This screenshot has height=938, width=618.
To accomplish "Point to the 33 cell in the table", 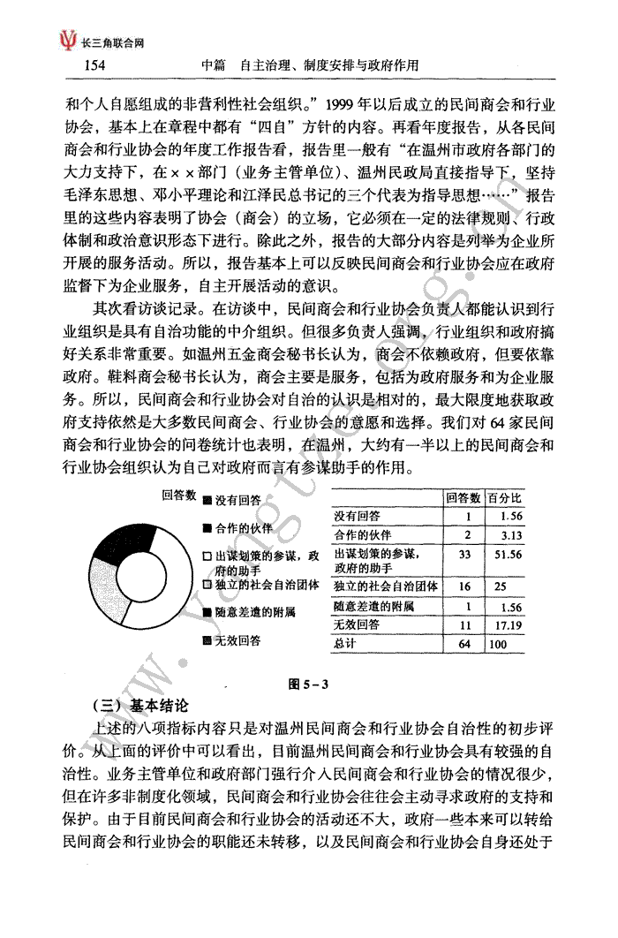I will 466,555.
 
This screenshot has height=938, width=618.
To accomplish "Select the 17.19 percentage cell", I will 507,626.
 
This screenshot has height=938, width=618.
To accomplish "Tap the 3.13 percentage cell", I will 509,534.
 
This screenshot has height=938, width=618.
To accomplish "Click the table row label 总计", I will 346,645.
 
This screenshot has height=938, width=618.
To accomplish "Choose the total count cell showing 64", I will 466,645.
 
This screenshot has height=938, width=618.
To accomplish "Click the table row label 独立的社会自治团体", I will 382,586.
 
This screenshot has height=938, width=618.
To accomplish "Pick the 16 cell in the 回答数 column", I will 466,586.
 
